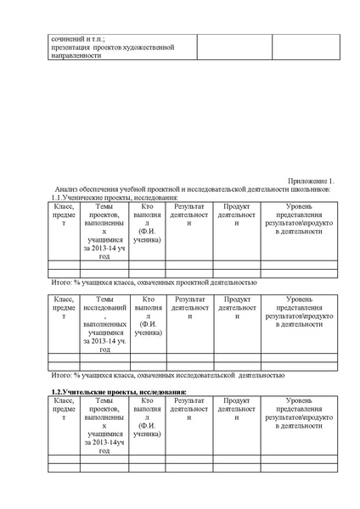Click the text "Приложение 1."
tap(312, 181)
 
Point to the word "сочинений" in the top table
tap(69, 39)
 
